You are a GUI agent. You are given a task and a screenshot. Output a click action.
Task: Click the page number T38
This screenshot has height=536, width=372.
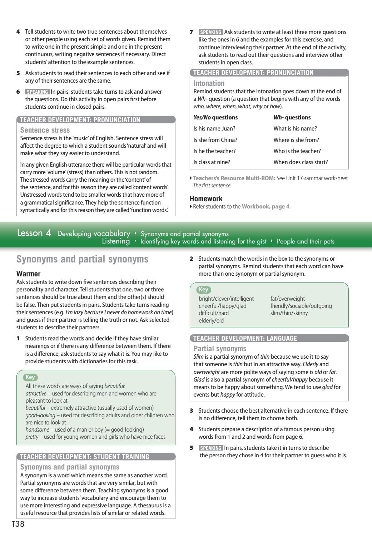pos(18,525)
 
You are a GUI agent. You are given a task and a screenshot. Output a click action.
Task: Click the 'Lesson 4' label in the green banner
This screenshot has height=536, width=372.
pos(34,233)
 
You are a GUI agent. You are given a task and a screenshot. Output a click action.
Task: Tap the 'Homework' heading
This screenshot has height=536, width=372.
pos(206,199)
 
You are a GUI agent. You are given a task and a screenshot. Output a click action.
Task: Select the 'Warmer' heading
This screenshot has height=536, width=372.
pos(29,274)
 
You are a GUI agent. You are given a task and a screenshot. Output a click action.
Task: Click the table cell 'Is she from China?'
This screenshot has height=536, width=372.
pos(215,140)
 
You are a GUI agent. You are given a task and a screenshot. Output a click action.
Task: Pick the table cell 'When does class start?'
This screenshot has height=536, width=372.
pos(301,162)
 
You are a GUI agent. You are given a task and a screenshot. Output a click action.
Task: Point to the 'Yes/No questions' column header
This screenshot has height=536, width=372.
pos(215,117)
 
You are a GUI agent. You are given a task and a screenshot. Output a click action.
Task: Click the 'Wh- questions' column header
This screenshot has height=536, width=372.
pos(292,117)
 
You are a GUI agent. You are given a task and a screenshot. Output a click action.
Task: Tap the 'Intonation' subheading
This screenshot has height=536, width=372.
pos(209,83)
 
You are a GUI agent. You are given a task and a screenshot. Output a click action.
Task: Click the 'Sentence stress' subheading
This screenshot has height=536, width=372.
pos(45,130)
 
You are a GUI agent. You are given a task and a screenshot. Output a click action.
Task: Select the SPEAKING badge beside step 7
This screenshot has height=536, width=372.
pos(211,32)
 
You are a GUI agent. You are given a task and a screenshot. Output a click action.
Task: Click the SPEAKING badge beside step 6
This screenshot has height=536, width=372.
pos(37,92)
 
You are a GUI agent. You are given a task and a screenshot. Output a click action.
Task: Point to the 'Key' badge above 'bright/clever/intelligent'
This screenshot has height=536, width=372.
pos(203,290)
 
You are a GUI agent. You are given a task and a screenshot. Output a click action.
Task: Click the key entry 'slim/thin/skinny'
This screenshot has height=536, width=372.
pos(289,313)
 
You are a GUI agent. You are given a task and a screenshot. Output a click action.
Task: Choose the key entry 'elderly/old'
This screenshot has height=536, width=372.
pos(211,320)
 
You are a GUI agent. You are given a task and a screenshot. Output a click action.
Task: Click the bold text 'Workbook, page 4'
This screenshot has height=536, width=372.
pos(266,206)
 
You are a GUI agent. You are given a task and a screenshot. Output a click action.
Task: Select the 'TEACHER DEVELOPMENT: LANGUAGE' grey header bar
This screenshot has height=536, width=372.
pos(245,338)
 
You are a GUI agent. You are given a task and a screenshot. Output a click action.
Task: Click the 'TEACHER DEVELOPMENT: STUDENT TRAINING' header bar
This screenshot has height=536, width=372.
pos(85,457)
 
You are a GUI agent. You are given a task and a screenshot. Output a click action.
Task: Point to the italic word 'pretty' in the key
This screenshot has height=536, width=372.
pos(32,437)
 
